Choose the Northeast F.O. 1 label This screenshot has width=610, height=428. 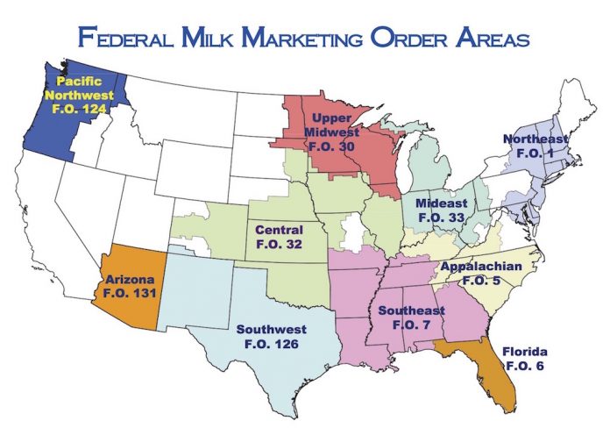coord(535,146)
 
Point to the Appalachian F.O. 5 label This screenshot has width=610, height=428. coord(480,272)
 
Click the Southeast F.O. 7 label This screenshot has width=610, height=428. coord(407,317)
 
